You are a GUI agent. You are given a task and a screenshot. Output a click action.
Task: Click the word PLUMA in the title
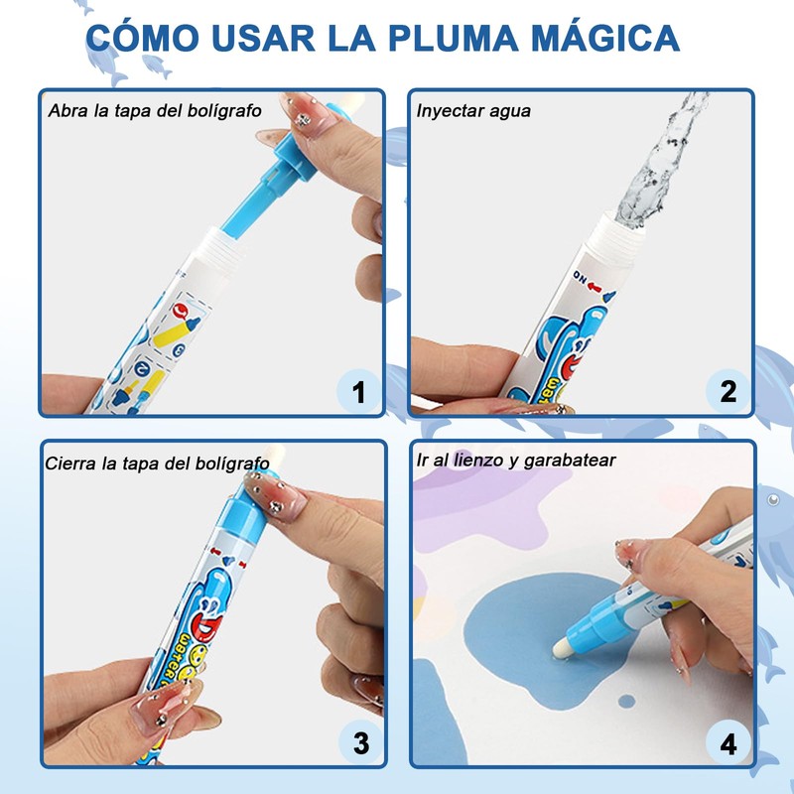[x=454, y=38]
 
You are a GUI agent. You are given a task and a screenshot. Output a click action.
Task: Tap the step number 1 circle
[x=358, y=391]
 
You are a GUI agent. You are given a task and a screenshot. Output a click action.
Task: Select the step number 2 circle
[x=728, y=391]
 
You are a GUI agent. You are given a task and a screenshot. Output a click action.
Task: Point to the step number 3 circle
[x=360, y=742]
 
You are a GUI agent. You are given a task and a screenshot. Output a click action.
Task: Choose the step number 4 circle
[x=728, y=742]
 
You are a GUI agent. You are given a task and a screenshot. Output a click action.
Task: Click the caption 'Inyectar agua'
[x=473, y=111]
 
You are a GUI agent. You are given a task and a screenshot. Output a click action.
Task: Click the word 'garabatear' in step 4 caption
[x=570, y=461]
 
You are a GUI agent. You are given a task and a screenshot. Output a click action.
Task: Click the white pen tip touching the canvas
[x=562, y=648]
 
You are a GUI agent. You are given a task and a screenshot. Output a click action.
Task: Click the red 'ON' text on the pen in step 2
[x=581, y=278]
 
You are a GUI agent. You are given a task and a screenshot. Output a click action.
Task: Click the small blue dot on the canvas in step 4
[x=626, y=701]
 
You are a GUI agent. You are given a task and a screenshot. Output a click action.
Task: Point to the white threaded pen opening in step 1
[x=215, y=252]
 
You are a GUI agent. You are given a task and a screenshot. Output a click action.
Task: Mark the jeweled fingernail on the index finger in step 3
[x=275, y=496]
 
